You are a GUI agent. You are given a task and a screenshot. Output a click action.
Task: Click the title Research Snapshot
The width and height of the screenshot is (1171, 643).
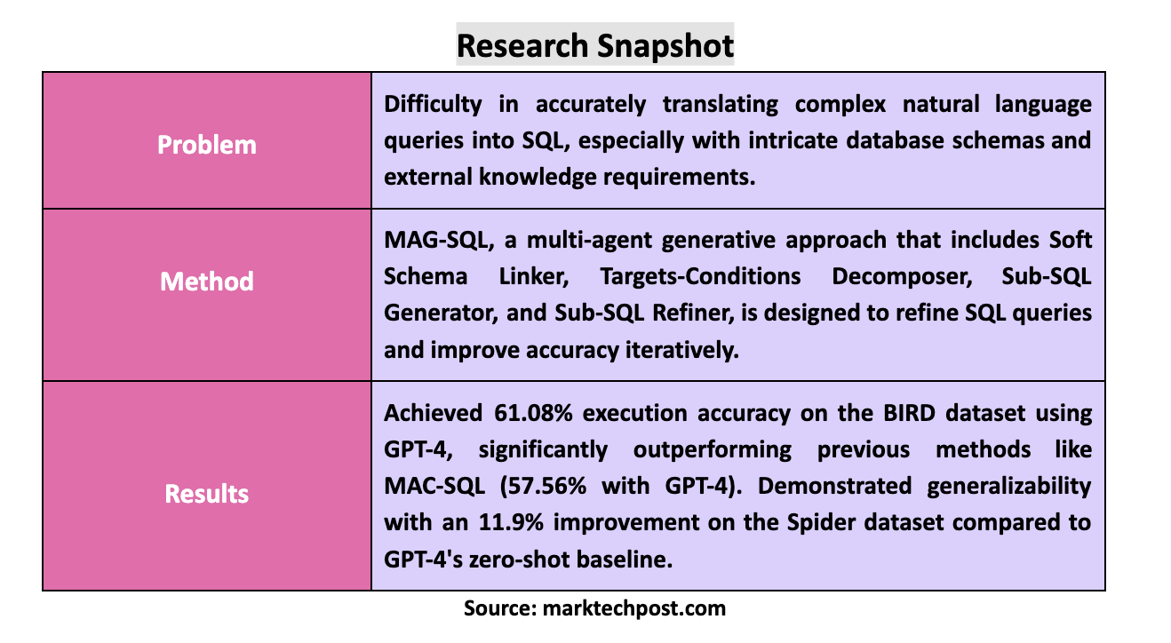[594, 44]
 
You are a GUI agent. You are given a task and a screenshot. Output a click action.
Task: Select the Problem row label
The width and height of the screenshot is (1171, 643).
[207, 145]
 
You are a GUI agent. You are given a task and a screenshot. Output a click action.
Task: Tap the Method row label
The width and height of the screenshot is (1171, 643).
[207, 282]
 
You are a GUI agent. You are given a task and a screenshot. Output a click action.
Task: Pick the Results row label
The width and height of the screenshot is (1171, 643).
[207, 494]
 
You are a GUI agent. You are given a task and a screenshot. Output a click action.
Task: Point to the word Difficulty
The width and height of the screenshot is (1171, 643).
[433, 104]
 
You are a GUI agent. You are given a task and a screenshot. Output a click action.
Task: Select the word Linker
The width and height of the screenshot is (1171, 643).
[537, 276]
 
